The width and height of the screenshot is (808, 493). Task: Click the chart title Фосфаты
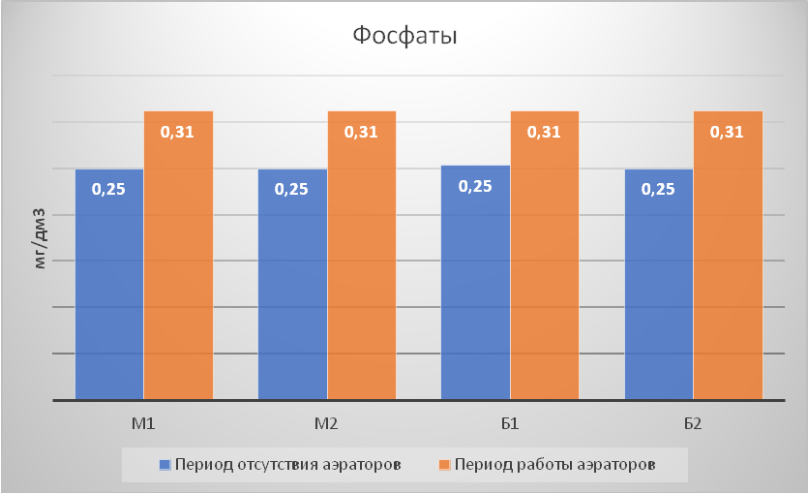[404, 37]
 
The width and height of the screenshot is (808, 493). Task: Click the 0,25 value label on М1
[108, 189]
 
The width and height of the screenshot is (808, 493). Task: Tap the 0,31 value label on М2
[361, 132]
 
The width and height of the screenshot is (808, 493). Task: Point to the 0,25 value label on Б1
[475, 186]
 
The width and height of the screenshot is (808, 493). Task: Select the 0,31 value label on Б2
[727, 132]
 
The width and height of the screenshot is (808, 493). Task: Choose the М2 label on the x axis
[327, 423]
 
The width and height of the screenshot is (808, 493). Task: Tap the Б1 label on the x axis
[510, 423]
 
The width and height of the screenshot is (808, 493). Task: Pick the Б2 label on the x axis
[693, 423]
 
